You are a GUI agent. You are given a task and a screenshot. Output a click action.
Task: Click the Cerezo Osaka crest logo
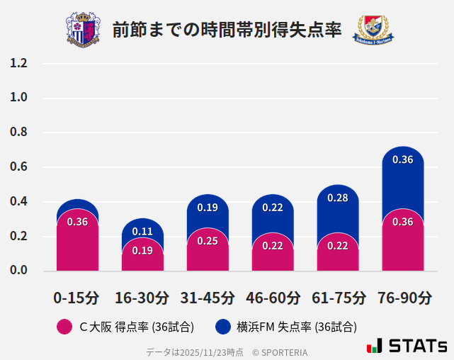tap(83, 29)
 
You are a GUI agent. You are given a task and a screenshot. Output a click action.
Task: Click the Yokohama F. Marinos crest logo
tap(373, 30)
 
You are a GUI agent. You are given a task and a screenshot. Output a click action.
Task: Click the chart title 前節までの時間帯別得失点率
tap(227, 30)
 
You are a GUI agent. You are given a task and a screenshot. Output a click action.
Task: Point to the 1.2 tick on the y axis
tap(19, 63)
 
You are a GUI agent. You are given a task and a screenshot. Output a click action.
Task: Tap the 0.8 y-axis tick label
tap(19, 133)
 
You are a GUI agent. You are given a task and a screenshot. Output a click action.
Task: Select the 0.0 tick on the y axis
tap(19, 271)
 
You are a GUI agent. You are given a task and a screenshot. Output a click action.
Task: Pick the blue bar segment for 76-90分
tap(402, 181)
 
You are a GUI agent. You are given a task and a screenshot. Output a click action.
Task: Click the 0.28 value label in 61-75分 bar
tap(338, 198)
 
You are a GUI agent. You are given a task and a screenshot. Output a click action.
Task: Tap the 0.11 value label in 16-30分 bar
tap(142, 231)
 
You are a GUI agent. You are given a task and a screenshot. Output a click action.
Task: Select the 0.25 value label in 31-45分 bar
tap(208, 241)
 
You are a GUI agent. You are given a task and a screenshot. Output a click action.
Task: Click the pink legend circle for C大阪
tap(64, 327)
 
